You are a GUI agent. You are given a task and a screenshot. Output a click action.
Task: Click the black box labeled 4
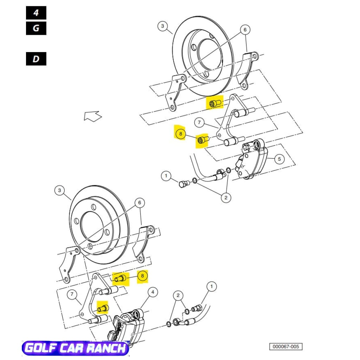(x=36, y=13)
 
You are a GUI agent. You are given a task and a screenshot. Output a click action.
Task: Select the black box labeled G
(x=36, y=28)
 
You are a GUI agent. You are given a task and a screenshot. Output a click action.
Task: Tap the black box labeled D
(x=36, y=59)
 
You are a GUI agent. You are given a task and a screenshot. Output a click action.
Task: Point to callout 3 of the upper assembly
(x=162, y=26)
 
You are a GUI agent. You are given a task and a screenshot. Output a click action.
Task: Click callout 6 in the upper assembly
(x=245, y=30)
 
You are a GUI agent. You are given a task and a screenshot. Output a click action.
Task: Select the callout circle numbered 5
(x=279, y=159)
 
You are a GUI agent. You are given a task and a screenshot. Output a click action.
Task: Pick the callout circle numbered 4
(x=153, y=291)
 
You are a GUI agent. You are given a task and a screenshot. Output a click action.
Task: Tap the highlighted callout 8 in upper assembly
(x=180, y=134)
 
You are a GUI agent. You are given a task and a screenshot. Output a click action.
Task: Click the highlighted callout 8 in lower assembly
(x=142, y=276)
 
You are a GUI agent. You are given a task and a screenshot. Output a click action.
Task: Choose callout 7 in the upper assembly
(x=199, y=123)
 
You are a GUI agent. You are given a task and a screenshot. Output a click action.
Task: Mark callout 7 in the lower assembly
(x=72, y=294)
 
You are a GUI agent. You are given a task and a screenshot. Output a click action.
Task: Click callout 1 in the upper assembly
(x=166, y=175)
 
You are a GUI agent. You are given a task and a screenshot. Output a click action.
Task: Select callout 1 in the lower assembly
(x=211, y=287)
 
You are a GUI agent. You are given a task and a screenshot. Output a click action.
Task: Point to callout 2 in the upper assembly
(x=226, y=198)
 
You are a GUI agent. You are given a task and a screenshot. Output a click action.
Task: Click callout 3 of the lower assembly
(x=59, y=191)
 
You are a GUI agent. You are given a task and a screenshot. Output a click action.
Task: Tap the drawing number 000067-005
(x=286, y=347)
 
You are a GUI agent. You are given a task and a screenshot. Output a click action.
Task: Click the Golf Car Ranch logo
(x=76, y=348)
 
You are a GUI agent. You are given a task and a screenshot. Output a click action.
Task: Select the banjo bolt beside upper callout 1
(x=183, y=184)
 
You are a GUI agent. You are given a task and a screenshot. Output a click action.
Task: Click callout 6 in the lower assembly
(x=139, y=202)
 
